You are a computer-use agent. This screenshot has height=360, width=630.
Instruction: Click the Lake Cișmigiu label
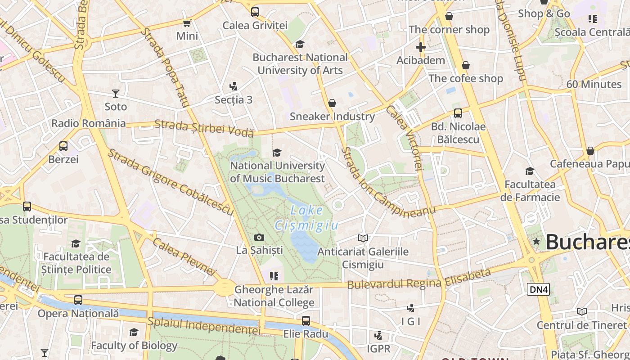tap(306, 217)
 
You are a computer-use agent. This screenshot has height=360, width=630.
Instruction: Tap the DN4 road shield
tap(538, 289)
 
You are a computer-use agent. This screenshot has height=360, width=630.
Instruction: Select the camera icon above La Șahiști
tap(259, 237)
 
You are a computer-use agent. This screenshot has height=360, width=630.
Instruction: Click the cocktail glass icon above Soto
tap(116, 94)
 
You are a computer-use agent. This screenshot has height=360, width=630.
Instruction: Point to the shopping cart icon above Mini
tap(187, 23)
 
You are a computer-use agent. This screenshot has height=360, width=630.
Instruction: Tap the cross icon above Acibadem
tap(420, 47)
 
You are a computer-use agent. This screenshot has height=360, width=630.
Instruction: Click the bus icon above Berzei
tap(63, 146)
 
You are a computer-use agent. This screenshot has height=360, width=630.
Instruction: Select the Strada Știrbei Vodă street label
tap(204, 128)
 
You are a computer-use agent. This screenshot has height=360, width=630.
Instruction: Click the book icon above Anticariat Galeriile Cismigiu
tap(363, 238)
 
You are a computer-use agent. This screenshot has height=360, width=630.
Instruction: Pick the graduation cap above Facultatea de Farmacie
tap(530, 171)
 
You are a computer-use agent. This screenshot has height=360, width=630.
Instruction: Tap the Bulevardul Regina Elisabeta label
tap(418, 280)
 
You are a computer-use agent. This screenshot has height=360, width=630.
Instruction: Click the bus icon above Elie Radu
tap(306, 321)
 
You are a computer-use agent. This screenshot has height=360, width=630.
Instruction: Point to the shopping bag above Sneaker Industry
tap(332, 103)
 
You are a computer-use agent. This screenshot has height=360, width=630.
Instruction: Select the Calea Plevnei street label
tap(184, 256)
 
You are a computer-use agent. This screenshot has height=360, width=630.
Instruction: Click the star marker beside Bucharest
tap(536, 242)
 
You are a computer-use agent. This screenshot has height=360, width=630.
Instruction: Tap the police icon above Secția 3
tap(233, 86)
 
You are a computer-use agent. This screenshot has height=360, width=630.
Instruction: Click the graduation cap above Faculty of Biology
tap(134, 333)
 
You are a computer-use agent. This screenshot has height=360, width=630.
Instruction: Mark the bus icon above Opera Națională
tap(78, 300)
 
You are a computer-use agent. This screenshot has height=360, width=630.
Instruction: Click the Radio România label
tap(89, 123)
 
